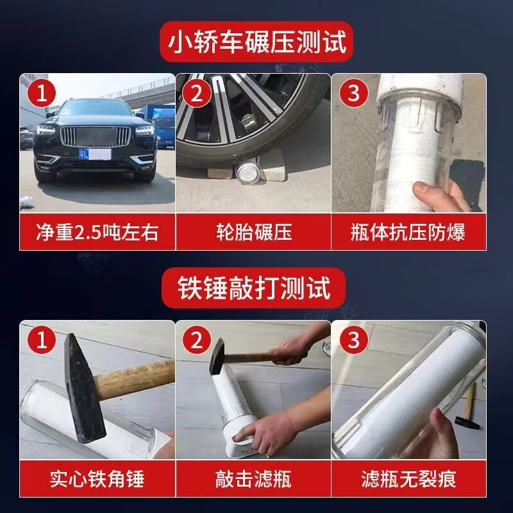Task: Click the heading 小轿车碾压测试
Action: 256,43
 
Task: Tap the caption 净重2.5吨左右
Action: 97,232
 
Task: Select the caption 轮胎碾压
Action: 253,232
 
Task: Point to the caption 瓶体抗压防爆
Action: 408,232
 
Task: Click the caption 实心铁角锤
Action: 97,478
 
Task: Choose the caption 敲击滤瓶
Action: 253,478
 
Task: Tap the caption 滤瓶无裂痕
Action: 408,478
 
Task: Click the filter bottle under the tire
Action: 247,174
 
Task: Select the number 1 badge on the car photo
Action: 41,94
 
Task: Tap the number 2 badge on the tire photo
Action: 197,94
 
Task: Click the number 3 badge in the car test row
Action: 353,94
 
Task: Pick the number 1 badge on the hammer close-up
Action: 41,341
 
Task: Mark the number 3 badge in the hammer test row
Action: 353,341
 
